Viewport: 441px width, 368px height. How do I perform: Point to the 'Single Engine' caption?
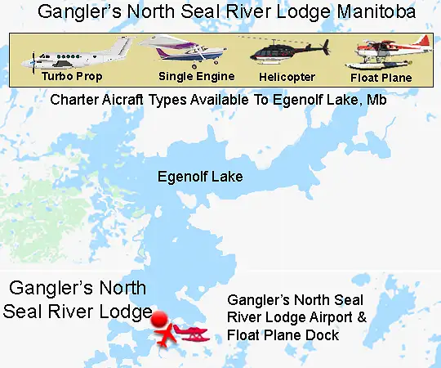coord(196,76)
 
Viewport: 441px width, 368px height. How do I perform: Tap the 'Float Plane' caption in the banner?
coord(381,78)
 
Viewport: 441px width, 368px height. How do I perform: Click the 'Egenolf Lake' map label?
coord(200,176)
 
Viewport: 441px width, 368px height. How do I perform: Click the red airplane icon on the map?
coord(167,334)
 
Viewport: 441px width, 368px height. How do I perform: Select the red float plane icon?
coord(194,334)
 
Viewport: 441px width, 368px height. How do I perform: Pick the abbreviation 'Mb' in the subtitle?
coord(378,101)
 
